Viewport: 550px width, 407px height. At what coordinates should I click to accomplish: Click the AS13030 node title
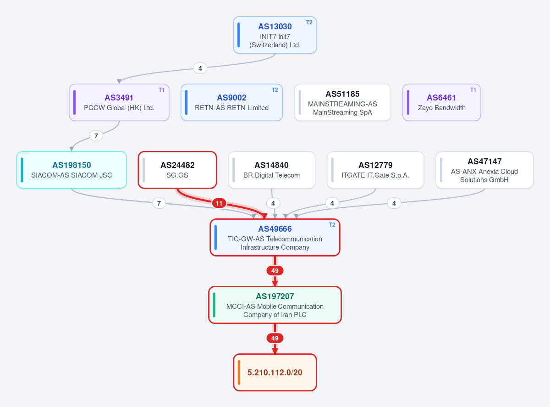pyautogui.click(x=275, y=27)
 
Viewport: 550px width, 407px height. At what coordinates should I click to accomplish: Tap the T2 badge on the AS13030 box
pyautogui.click(x=309, y=22)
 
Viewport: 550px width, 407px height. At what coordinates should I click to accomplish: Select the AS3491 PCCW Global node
pyautogui.click(x=119, y=103)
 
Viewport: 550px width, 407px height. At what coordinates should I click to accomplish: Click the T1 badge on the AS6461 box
pyautogui.click(x=473, y=90)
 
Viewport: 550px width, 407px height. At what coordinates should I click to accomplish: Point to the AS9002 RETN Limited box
pyautogui.click(x=231, y=103)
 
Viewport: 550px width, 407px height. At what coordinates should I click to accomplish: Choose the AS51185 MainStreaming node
pyautogui.click(x=342, y=103)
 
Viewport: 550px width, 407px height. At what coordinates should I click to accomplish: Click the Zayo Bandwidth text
pyautogui.click(x=442, y=108)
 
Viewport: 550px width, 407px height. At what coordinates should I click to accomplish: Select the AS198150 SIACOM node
pyautogui.click(x=71, y=170)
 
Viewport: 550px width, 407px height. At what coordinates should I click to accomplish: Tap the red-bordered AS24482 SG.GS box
pyautogui.click(x=177, y=170)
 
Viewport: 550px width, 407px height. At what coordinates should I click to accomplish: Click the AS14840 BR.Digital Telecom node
pyautogui.click(x=271, y=170)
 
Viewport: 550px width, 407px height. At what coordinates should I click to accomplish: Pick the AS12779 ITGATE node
pyautogui.click(x=375, y=170)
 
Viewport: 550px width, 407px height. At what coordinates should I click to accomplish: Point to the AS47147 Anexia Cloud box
pyautogui.click(x=484, y=170)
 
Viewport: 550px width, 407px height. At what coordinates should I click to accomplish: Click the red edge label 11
pyautogui.click(x=219, y=203)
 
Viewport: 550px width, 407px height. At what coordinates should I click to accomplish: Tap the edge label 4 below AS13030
pyautogui.click(x=200, y=68)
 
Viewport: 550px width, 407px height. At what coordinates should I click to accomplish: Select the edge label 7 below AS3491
pyautogui.click(x=96, y=136)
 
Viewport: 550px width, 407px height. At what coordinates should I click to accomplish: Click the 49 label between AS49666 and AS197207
pyautogui.click(x=275, y=271)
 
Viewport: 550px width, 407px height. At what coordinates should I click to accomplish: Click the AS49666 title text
pyautogui.click(x=275, y=229)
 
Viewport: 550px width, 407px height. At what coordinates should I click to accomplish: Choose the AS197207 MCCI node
pyautogui.click(x=275, y=305)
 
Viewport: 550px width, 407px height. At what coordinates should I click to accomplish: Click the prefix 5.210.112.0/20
pyautogui.click(x=275, y=373)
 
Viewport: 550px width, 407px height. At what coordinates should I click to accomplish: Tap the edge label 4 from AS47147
pyautogui.click(x=394, y=203)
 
